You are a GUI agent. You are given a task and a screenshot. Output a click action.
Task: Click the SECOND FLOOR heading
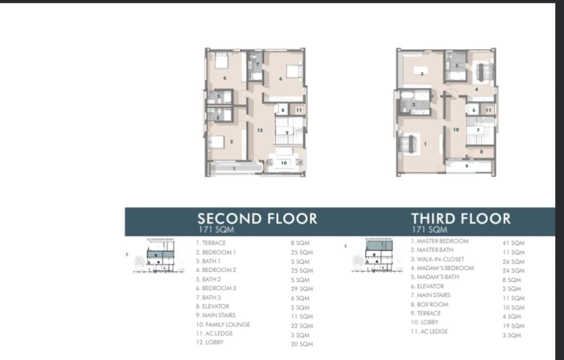click(x=257, y=219)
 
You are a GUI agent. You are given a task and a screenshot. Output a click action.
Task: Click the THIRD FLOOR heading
click(x=461, y=219)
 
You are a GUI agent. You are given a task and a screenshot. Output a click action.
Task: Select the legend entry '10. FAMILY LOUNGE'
click(x=223, y=324)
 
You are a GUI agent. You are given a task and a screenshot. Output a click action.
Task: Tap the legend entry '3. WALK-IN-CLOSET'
click(x=437, y=259)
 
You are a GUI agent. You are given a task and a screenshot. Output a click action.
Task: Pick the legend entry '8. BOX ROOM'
click(x=430, y=304)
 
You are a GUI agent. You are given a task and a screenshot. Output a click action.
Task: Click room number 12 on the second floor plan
click(x=259, y=130)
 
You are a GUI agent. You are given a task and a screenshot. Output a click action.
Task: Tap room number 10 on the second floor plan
click(x=283, y=163)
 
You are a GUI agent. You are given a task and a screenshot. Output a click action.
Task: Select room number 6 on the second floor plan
click(x=281, y=79)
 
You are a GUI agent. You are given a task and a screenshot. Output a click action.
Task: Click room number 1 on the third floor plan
click(x=425, y=144)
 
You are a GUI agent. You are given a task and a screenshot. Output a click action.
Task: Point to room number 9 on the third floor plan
click(x=466, y=166)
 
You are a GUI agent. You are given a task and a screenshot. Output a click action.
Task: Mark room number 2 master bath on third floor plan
click(x=414, y=104)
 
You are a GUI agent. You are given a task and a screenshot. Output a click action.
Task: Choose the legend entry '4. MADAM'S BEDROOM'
click(x=442, y=268)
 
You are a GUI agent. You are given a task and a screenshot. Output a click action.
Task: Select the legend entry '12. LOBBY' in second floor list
click(x=210, y=342)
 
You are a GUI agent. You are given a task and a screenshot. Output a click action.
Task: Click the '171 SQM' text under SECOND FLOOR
click(x=216, y=230)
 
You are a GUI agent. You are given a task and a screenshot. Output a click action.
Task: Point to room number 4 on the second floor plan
click(x=225, y=78)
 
